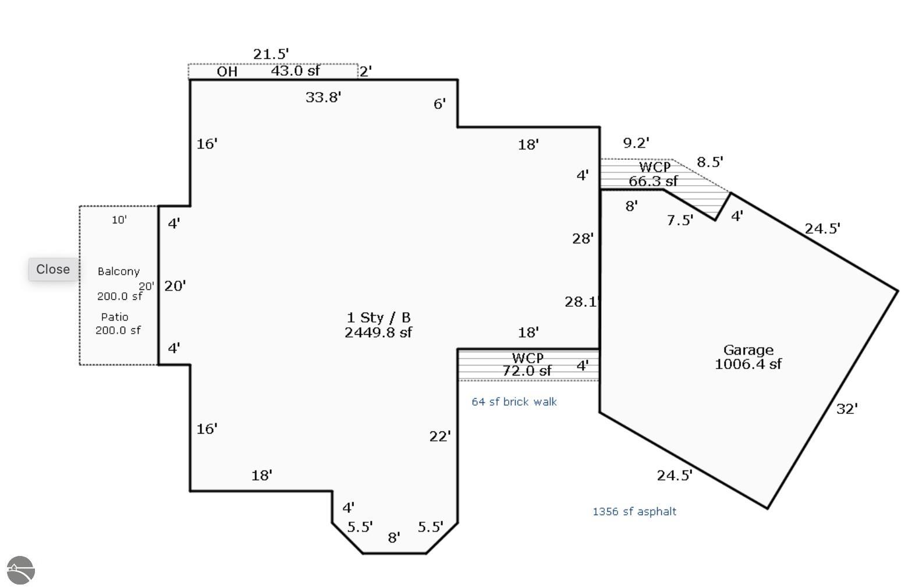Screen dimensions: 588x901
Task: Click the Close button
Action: point(53,269)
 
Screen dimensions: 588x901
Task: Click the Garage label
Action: point(748,350)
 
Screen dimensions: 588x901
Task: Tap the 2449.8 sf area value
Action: point(378,332)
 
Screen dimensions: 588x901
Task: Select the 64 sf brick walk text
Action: point(514,402)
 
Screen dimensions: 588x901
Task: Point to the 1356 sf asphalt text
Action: point(634,511)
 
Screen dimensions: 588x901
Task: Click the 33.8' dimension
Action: point(323,97)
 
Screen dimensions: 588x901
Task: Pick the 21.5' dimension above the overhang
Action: point(271,54)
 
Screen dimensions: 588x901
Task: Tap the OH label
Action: point(227,71)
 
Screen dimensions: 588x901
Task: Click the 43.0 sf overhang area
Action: point(295,70)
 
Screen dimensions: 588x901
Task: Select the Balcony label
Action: point(119,271)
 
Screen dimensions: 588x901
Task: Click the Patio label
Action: point(115,317)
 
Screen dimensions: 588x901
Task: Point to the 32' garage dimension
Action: point(847,409)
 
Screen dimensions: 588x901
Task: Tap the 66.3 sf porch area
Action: point(653,181)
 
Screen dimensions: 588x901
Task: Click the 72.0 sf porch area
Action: point(527,370)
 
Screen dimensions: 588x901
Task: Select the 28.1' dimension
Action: point(581,302)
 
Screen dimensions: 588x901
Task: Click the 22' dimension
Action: point(439,436)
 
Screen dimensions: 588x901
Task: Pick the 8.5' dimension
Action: point(710,162)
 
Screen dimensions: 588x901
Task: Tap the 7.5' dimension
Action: point(680,220)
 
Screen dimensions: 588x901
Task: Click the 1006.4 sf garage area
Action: point(748,364)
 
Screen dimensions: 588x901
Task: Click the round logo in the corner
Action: point(21,570)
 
